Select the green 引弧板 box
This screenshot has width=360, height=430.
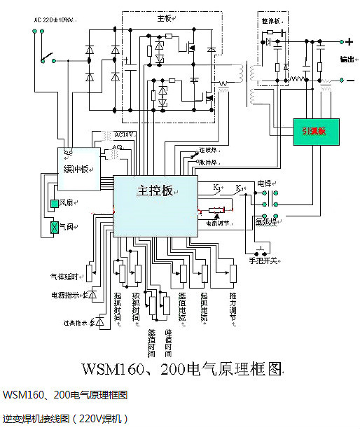coord(314,130)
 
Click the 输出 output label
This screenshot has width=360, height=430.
coord(346,59)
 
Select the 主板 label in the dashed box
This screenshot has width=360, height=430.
coord(165,19)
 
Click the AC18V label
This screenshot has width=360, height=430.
coord(123,134)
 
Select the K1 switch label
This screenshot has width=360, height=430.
coord(216,188)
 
